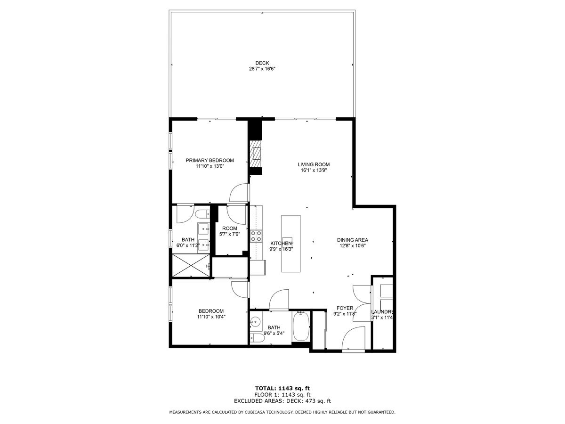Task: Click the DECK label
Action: click(262, 63)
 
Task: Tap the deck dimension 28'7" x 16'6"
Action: click(262, 69)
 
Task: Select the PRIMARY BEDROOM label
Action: click(210, 160)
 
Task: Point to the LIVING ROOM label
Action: click(314, 164)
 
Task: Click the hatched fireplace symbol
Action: click(256, 153)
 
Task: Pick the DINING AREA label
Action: click(352, 239)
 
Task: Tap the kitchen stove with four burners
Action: click(256, 236)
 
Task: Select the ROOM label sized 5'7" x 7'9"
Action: click(230, 228)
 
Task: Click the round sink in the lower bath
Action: click(256, 322)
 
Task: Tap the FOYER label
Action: click(345, 308)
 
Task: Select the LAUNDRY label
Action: click(382, 312)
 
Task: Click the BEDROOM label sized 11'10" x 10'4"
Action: click(211, 311)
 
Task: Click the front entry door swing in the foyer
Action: click(353, 339)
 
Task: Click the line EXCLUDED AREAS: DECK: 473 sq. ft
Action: click(282, 401)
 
